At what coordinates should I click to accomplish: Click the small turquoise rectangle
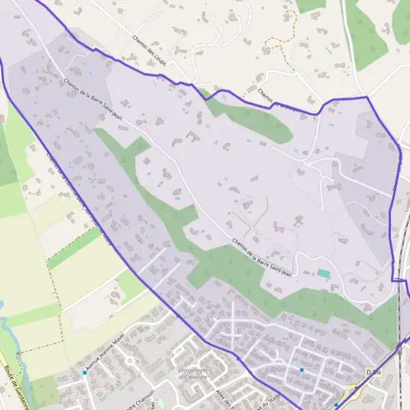324,273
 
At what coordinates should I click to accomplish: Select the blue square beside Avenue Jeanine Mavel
85,372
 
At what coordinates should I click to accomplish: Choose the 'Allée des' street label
225,396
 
